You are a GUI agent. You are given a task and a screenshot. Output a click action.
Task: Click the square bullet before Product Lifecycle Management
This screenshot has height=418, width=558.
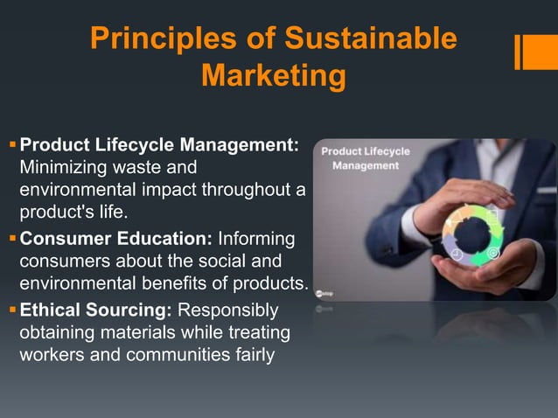[x=11, y=143]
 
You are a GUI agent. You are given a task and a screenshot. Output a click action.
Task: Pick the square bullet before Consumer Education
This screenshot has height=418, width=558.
[x=11, y=238]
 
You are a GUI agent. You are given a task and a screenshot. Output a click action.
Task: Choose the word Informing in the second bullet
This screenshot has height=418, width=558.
[x=256, y=238]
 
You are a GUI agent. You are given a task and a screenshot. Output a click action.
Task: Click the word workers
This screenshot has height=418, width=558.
[x=53, y=357]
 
